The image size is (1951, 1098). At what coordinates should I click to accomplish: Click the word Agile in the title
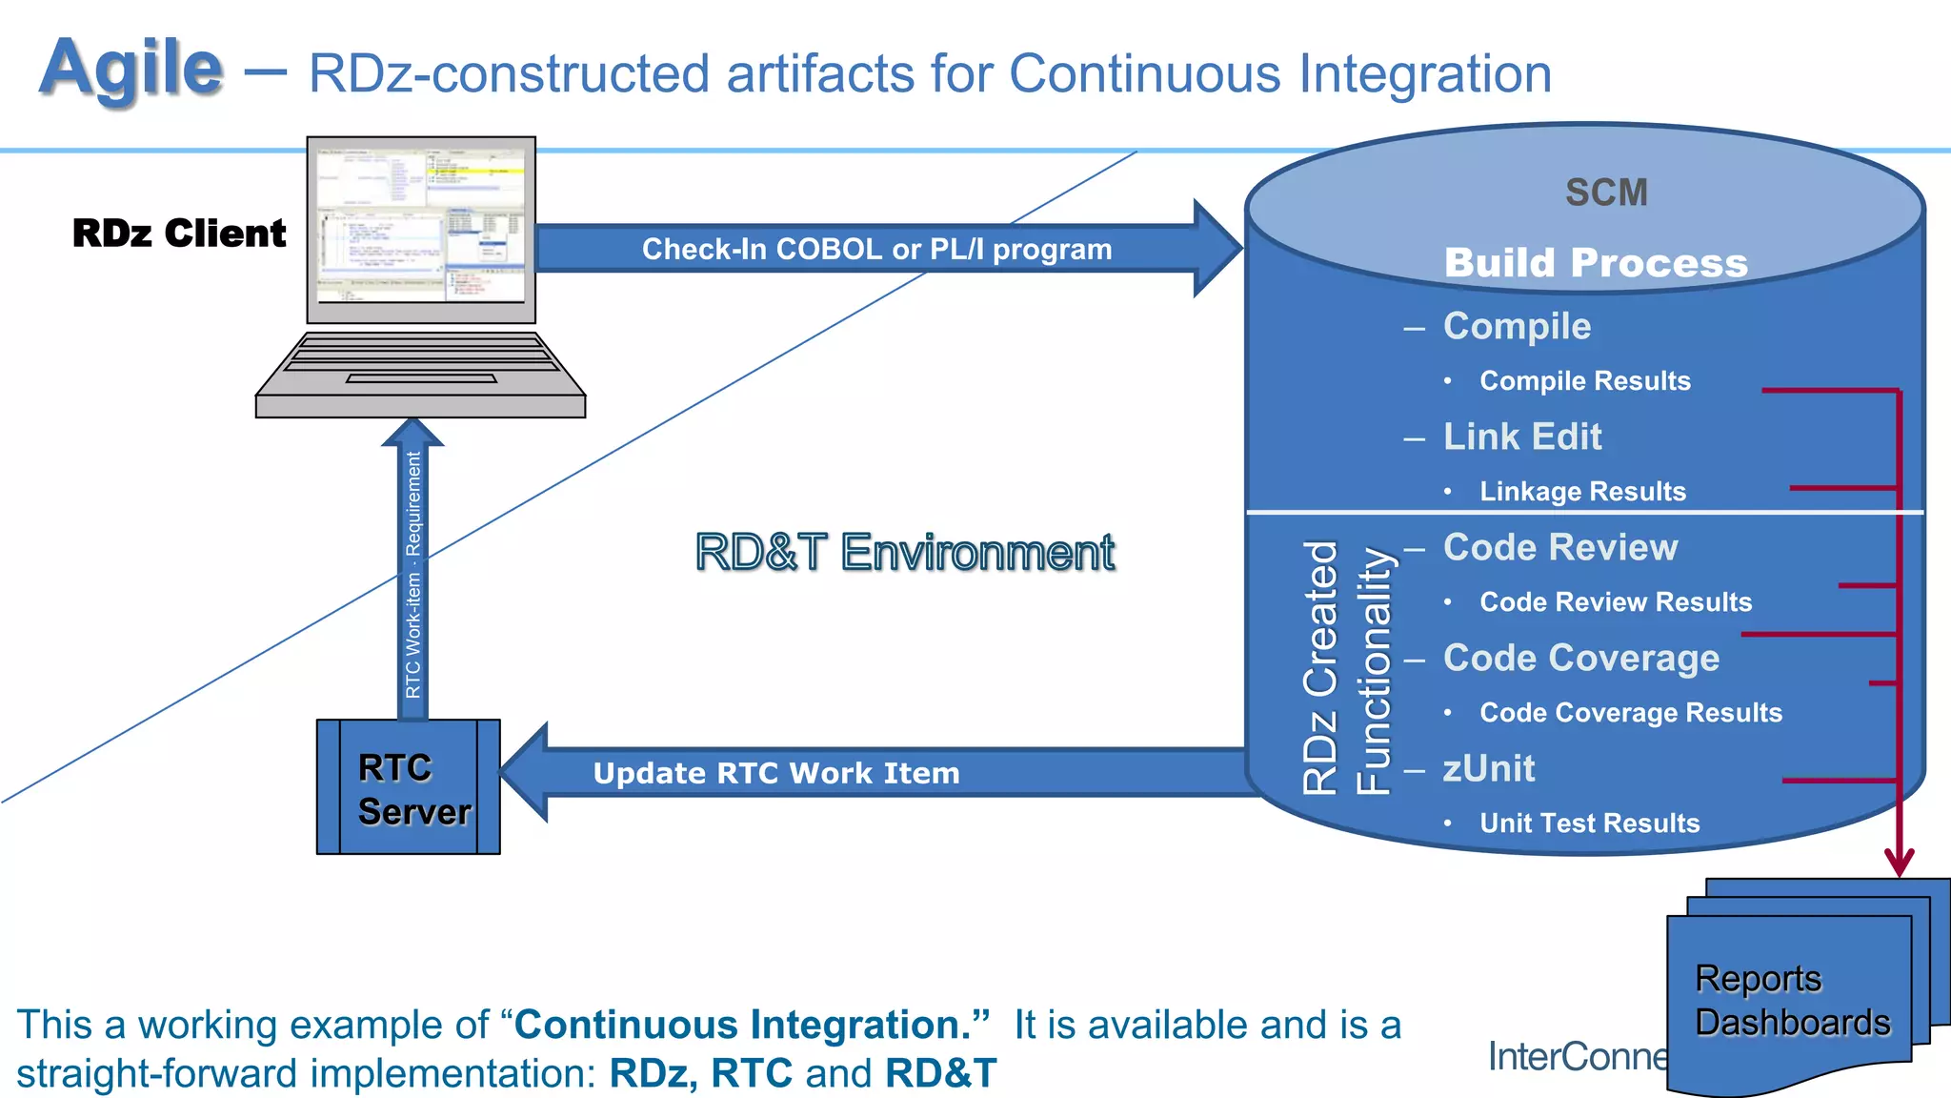pyautogui.click(x=131, y=69)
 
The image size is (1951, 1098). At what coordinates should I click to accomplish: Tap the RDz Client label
pyautogui.click(x=179, y=234)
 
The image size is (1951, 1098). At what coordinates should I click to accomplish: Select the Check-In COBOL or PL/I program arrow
pyautogui.click(x=876, y=249)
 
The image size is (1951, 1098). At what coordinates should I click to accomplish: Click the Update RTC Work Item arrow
pyautogui.click(x=776, y=773)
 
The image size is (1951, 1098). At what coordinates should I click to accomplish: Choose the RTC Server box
pyautogui.click(x=409, y=787)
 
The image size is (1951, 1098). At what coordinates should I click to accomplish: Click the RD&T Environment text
pyautogui.click(x=905, y=553)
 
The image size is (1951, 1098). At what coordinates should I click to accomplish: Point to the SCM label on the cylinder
pyautogui.click(x=1606, y=193)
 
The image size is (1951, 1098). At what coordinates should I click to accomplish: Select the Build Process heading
pyautogui.click(x=1596, y=263)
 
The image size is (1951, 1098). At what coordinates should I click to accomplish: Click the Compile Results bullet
pyautogui.click(x=1584, y=381)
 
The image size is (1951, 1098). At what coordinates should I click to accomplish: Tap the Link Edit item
pyautogui.click(x=1522, y=437)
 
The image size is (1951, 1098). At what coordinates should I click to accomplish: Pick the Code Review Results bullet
pyautogui.click(x=1615, y=602)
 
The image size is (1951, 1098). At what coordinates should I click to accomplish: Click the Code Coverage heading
pyautogui.click(x=1581, y=658)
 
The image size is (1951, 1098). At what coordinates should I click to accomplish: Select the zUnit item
pyautogui.click(x=1489, y=768)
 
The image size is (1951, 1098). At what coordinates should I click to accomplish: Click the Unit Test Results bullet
pyautogui.click(x=1589, y=823)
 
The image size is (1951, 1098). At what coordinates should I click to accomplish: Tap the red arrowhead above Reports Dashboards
pyautogui.click(x=1900, y=862)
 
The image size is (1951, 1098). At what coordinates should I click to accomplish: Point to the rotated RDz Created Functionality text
pyautogui.click(x=1346, y=667)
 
